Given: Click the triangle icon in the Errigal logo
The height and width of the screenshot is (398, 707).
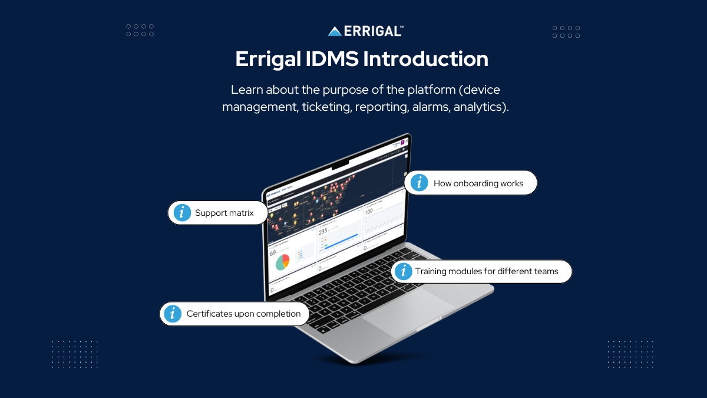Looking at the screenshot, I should click(x=335, y=31).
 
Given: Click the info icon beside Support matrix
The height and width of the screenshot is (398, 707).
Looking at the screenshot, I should click(x=183, y=213).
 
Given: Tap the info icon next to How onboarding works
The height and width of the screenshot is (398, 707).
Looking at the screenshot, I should click(x=419, y=183).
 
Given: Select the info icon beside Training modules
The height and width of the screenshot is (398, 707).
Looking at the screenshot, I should click(x=403, y=271).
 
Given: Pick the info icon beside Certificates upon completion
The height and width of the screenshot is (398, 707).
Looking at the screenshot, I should click(x=173, y=314).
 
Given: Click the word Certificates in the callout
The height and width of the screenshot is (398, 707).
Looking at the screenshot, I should click(x=210, y=314).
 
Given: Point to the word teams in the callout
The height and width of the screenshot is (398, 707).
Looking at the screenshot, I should click(x=546, y=271).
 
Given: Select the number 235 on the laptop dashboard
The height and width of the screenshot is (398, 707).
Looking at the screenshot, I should click(x=323, y=232).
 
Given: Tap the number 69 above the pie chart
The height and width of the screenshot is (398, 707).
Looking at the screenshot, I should click(x=273, y=253).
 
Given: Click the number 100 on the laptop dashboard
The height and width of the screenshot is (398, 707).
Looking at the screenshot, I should click(x=369, y=211).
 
